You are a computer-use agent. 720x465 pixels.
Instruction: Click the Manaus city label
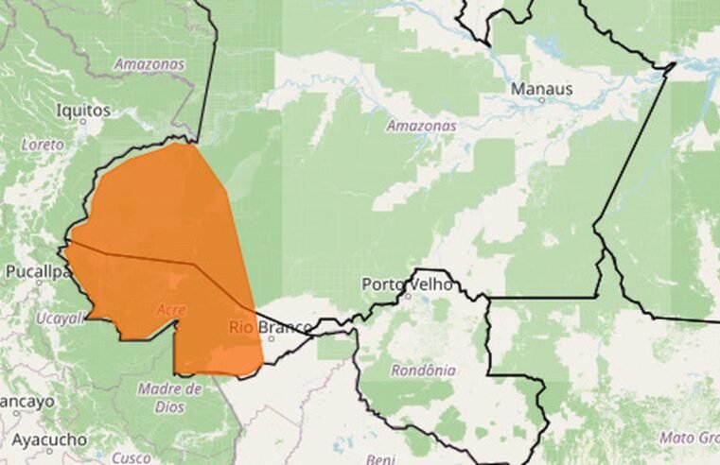click(541, 89)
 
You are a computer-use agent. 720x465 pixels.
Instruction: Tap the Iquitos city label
click(83, 111)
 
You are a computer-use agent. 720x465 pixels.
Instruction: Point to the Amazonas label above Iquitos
click(149, 64)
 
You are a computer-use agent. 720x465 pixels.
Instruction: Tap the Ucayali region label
click(59, 319)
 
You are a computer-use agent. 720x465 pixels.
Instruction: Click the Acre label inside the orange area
click(170, 310)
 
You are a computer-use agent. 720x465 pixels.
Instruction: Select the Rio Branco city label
click(271, 327)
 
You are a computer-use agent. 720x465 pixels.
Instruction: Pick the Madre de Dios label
click(170, 397)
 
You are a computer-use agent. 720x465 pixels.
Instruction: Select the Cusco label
click(130, 457)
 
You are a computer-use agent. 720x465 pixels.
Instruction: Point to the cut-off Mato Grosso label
click(689, 438)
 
